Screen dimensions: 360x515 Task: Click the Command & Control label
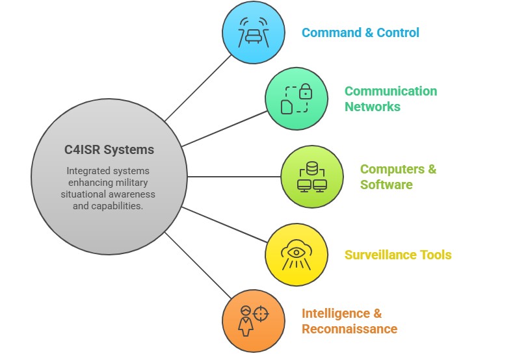(x=360, y=32)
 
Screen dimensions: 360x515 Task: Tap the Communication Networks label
(x=390, y=99)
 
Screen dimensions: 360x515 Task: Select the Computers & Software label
(x=398, y=177)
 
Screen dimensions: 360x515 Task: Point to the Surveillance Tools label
(x=397, y=255)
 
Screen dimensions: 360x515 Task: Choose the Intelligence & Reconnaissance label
(x=349, y=321)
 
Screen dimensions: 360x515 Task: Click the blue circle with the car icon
(x=253, y=33)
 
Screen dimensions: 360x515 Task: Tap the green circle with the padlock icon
(x=296, y=99)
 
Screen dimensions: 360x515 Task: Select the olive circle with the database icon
(x=311, y=177)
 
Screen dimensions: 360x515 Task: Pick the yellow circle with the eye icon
(x=296, y=255)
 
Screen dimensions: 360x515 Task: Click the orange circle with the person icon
(x=253, y=321)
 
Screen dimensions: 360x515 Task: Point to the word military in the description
(x=142, y=183)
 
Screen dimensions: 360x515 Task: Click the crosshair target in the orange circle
(x=261, y=314)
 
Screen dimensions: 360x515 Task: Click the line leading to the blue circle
(x=198, y=88)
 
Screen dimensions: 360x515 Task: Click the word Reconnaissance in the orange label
(x=349, y=329)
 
